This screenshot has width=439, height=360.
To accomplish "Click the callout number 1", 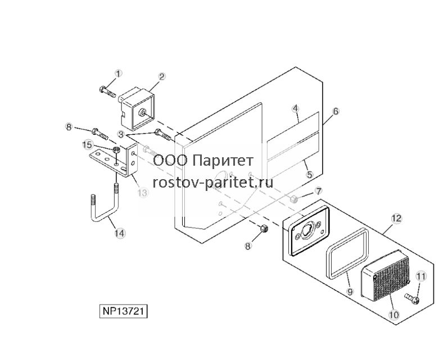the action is click(x=119, y=74).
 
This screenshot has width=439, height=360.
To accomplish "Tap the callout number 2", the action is click(x=162, y=76).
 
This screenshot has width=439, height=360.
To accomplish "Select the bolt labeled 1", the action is click(x=107, y=92).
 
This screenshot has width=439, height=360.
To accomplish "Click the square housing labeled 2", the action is click(x=137, y=110).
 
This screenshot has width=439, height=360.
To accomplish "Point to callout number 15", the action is click(x=87, y=145).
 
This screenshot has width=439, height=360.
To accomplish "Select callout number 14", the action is click(x=120, y=233).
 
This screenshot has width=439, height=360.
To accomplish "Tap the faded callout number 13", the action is click(x=143, y=193).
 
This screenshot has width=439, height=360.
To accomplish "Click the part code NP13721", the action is click(x=124, y=311).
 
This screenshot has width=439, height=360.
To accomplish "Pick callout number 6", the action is click(x=336, y=111).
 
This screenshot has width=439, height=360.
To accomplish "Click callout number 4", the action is click(x=296, y=108).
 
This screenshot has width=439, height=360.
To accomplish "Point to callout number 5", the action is click(x=309, y=175).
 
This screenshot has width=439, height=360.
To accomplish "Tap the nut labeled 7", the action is click(x=293, y=199).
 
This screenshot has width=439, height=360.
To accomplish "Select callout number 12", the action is click(x=396, y=218).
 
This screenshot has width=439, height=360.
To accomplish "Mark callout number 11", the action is click(x=421, y=276).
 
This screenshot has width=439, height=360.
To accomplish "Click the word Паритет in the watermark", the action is click(x=223, y=161).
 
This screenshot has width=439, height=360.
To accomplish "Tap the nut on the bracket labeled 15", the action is click(x=116, y=149).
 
